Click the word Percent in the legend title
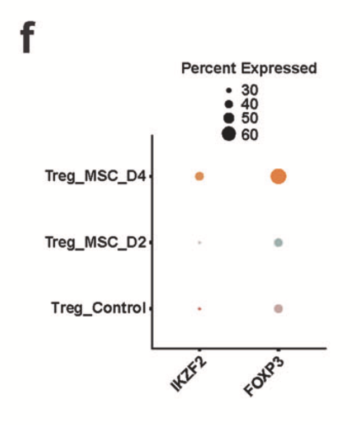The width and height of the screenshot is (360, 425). [210, 69]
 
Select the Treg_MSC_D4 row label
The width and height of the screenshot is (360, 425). [95, 177]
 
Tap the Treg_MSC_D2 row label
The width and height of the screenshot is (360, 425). [95, 243]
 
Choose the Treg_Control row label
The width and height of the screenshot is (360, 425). [98, 308]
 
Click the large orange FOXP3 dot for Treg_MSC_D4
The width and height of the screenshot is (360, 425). [278, 177]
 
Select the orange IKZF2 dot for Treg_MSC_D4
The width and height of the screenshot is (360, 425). [199, 177]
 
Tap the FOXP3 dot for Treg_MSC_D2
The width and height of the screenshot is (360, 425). [278, 243]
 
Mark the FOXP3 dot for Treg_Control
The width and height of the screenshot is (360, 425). [278, 308]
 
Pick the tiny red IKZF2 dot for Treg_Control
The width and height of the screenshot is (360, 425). [199, 308]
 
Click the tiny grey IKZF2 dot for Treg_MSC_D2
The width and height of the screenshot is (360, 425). [199, 243]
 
